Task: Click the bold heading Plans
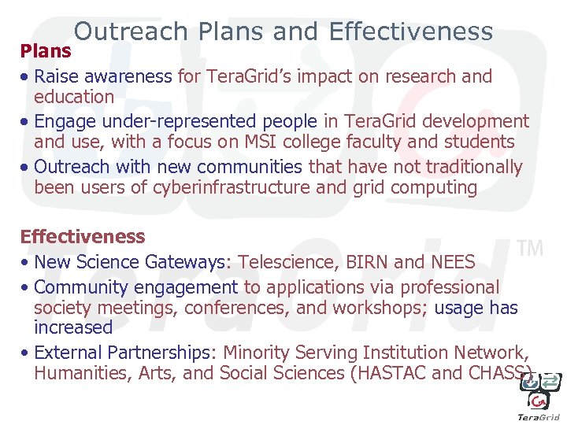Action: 46,51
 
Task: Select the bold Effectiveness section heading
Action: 83,236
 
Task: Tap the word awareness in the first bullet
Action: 125,76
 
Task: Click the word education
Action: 74,97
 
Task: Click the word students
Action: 475,142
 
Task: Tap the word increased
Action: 73,327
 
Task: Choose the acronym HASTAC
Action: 394,373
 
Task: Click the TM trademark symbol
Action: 530,249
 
